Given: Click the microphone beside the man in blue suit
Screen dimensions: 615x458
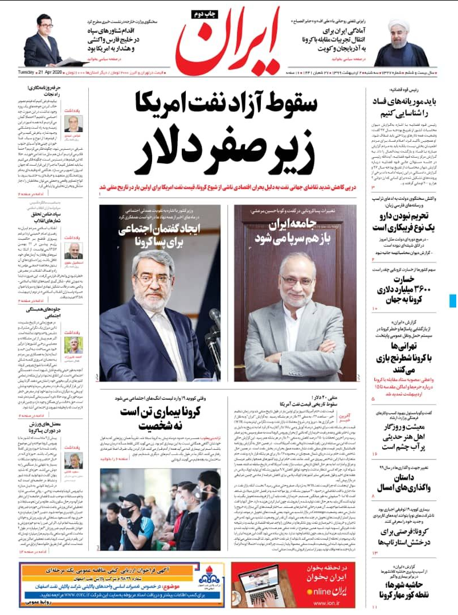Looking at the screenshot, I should (215, 319).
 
